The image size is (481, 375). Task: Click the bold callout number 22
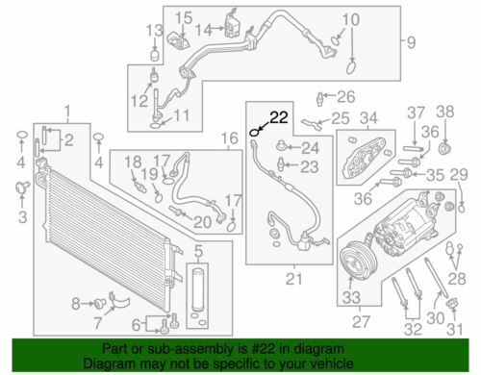[278, 117]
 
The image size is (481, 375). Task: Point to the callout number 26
[344, 95]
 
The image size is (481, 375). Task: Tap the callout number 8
[76, 304]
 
